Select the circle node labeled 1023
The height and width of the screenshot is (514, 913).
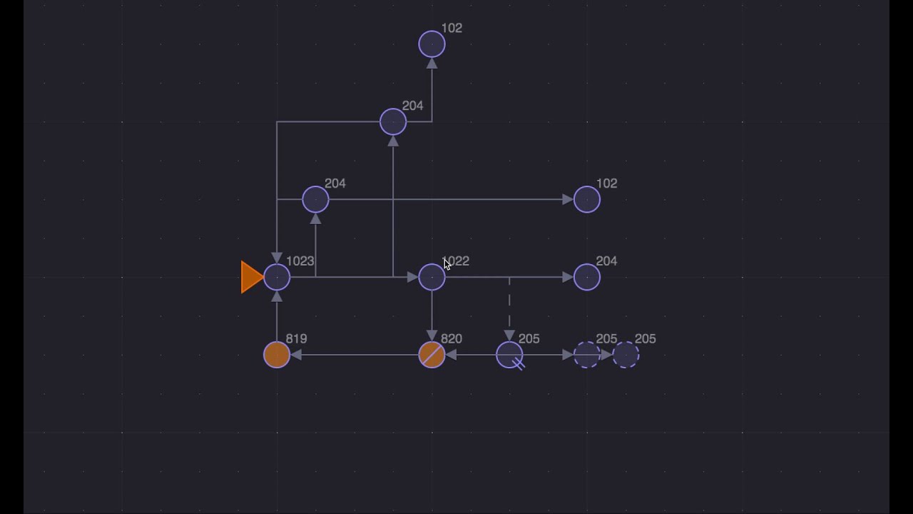(277, 277)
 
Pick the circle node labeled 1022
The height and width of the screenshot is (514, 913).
(432, 277)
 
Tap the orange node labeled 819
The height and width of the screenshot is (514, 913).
(277, 355)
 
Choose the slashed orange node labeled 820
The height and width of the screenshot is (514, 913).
(432, 355)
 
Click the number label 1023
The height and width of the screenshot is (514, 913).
(300, 261)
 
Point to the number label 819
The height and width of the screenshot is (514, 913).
(296, 338)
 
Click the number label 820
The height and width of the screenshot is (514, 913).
(452, 338)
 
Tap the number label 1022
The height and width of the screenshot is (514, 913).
(456, 261)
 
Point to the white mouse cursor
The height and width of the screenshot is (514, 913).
(447, 264)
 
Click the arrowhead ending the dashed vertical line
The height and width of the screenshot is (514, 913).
(509, 336)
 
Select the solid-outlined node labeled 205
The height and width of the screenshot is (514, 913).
(509, 355)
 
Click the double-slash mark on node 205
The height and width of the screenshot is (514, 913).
(519, 364)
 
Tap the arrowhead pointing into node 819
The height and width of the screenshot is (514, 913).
(296, 355)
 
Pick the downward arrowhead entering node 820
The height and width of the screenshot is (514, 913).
(432, 336)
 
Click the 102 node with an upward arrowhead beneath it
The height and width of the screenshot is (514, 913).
(432, 44)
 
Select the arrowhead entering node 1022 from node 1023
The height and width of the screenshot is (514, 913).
(412, 277)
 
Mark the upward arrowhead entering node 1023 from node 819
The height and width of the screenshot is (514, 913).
(277, 296)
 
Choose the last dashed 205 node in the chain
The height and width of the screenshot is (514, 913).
(626, 355)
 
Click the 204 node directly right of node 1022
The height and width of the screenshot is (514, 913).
(586, 277)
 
